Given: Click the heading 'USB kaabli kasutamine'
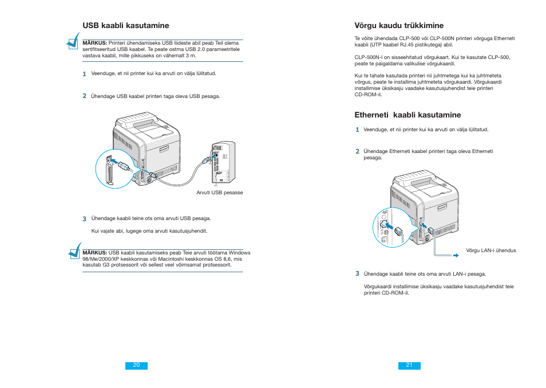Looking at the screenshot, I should point(125,25).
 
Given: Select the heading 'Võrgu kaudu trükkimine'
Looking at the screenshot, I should point(399,25).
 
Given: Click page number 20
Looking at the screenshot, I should point(136,365).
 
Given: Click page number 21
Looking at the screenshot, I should point(409,365).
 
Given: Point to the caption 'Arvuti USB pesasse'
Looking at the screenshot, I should point(220,193).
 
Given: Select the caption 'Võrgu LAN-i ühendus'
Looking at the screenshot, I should point(490,250).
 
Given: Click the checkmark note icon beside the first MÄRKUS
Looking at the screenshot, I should point(73,41).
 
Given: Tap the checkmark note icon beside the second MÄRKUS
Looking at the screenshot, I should point(73,251).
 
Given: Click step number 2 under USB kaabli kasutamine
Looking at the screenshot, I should point(84,96).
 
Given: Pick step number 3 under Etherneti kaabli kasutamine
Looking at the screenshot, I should point(357,273).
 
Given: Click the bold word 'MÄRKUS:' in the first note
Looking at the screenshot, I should point(95,43).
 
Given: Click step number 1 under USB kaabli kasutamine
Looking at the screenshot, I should point(84,73).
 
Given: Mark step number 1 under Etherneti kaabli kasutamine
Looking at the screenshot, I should point(357,130).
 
